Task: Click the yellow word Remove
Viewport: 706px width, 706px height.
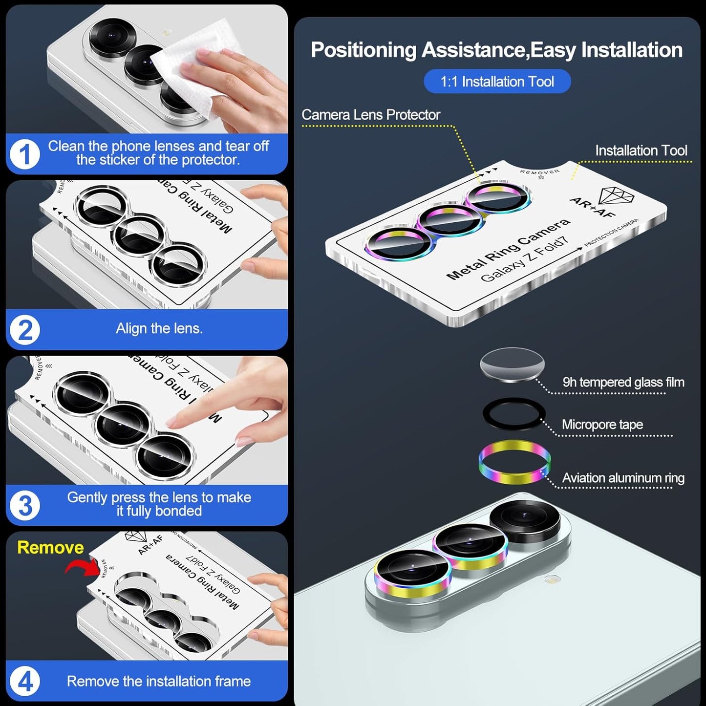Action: tap(50, 547)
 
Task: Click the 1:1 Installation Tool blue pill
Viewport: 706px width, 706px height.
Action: tap(497, 82)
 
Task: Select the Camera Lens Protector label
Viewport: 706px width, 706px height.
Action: tap(371, 115)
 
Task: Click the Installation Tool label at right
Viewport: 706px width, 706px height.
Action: tap(641, 150)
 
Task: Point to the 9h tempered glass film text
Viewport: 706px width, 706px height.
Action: tap(623, 382)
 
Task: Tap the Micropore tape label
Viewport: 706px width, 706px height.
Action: tap(602, 425)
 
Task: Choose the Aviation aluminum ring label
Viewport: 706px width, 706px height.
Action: tap(623, 478)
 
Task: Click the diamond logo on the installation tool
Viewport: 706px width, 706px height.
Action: tap(616, 196)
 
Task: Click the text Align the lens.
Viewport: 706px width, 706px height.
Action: tap(159, 328)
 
